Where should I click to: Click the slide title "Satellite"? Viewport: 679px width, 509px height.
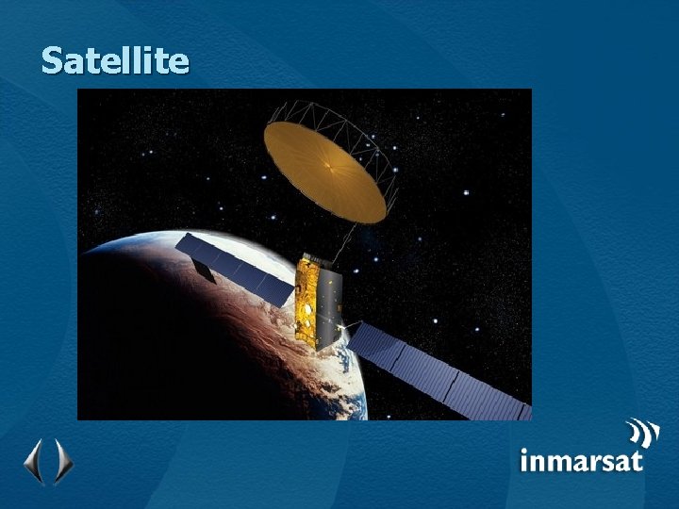pyautogui.click(x=115, y=61)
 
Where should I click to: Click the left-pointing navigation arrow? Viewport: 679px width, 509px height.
pyautogui.click(x=33, y=461)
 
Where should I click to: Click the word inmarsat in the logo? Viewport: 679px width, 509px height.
pyautogui.click(x=581, y=460)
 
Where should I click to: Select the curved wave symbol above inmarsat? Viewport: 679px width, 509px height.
pyautogui.click(x=644, y=433)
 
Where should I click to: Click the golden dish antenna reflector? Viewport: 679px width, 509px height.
pyautogui.click(x=311, y=156)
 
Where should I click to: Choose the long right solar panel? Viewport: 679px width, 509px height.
pyautogui.click(x=443, y=372)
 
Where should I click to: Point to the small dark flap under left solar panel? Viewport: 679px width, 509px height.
pyautogui.click(x=202, y=271)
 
